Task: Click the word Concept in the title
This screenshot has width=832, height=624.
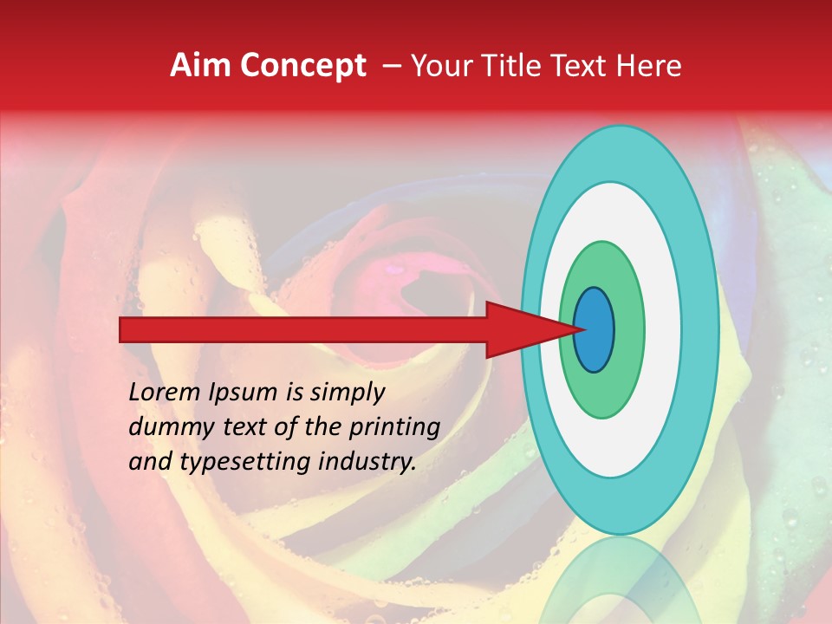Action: coord(303,66)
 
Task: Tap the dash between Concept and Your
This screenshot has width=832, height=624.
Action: coord(391,67)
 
